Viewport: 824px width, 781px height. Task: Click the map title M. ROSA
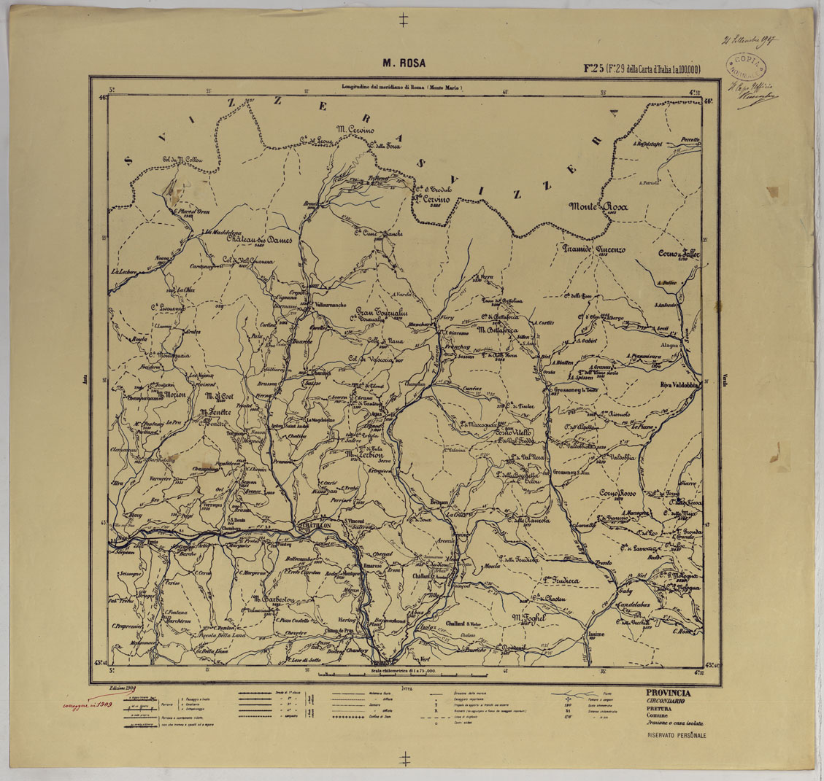pyautogui.click(x=404, y=63)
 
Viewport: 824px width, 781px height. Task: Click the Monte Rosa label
pyautogui.click(x=598, y=207)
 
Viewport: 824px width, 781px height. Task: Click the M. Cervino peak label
pyautogui.click(x=355, y=130)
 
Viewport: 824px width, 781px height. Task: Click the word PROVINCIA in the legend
pyautogui.click(x=668, y=693)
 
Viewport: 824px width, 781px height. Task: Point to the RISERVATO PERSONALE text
pyautogui.click(x=676, y=736)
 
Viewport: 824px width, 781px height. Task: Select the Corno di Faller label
pyautogui.click(x=678, y=254)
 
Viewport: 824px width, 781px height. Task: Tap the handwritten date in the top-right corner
pyautogui.click(x=749, y=40)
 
